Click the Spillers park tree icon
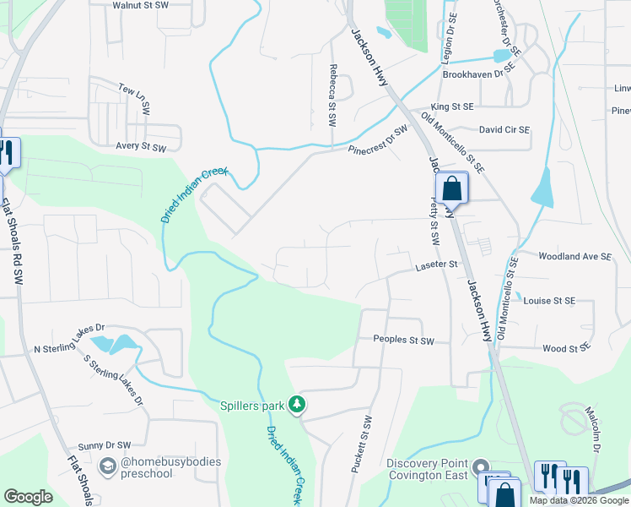click(x=297, y=406)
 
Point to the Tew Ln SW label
click(x=133, y=99)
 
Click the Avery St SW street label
click(x=141, y=146)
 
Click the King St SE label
click(x=452, y=107)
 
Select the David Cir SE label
click(x=504, y=130)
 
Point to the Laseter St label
click(x=435, y=264)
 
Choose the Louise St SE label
click(x=548, y=301)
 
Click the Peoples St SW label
click(x=403, y=341)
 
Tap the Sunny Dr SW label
click(x=105, y=444)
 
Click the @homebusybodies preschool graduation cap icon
click(x=108, y=466)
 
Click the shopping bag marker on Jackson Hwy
click(x=452, y=187)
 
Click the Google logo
click(x=29, y=497)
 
